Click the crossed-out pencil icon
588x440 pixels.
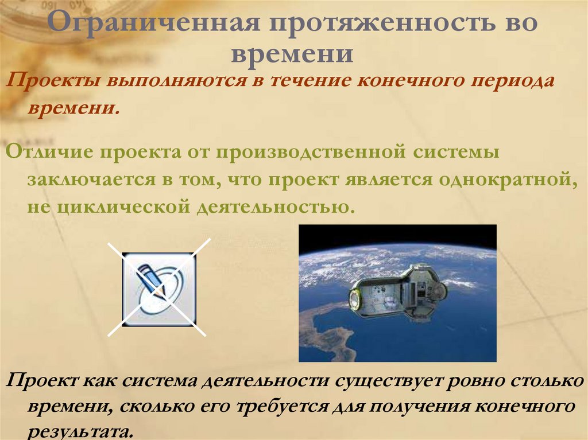[x=159, y=289]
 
